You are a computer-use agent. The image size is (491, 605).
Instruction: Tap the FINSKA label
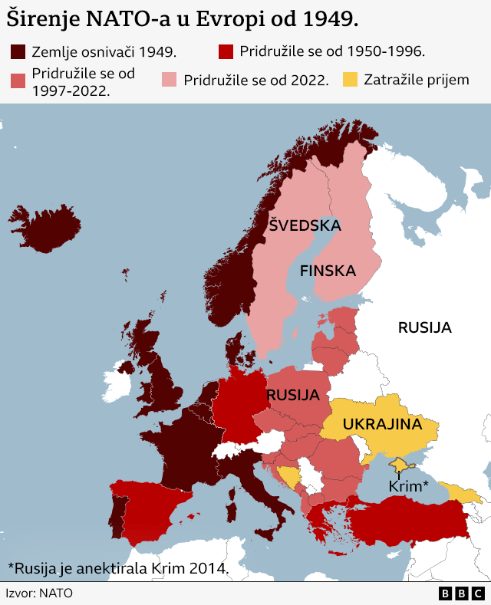click(328, 271)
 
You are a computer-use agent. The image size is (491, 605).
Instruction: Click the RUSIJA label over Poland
click(292, 396)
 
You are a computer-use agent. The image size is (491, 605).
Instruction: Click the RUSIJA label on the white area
click(424, 327)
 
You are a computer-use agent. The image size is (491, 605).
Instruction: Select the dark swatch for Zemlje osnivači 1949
click(18, 52)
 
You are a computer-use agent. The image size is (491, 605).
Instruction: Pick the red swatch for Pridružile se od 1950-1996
click(225, 52)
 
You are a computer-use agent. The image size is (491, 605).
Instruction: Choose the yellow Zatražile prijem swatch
click(349, 79)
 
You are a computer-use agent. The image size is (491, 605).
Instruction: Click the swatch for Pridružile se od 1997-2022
click(18, 81)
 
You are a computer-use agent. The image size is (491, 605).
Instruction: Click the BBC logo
click(461, 593)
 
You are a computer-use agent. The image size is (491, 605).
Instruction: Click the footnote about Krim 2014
click(118, 568)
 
